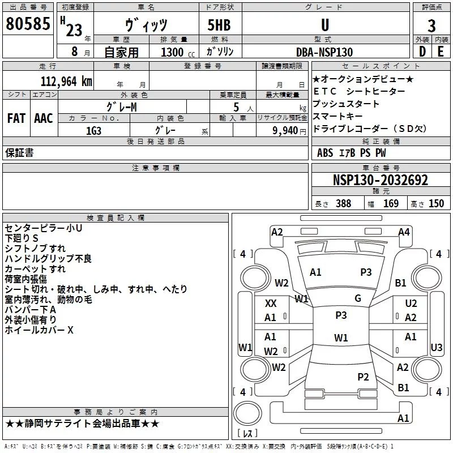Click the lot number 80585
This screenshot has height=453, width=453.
(28, 24)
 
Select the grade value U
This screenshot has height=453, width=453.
(324, 25)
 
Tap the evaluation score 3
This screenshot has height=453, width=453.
(431, 25)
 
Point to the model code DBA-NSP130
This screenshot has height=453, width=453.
(324, 52)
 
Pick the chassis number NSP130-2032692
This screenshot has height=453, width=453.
(380, 181)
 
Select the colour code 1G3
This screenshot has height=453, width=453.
(93, 130)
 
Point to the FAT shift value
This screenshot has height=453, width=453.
(16, 118)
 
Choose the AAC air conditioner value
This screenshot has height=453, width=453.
(44, 118)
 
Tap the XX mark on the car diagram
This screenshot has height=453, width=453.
(271, 304)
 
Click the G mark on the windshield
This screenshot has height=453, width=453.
(358, 298)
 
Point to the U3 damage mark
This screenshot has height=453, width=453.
(436, 347)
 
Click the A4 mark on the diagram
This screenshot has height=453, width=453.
(404, 232)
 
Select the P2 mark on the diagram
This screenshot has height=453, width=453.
(364, 377)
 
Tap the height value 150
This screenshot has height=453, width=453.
(436, 204)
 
